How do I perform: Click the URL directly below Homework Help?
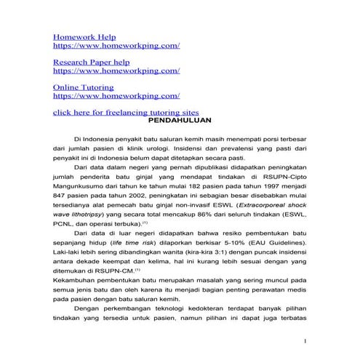point(116,46)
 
